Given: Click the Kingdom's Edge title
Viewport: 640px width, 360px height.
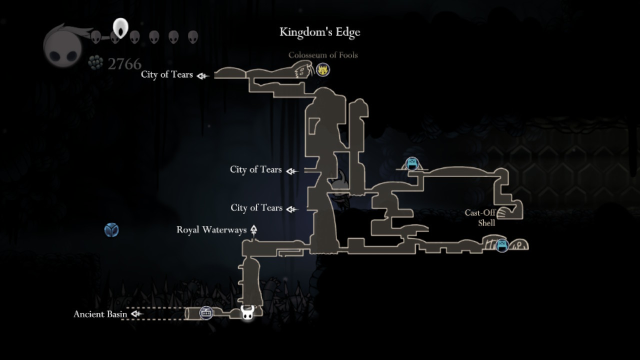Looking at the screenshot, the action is click(319, 32).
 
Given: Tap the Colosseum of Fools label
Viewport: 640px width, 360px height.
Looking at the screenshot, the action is click(323, 55).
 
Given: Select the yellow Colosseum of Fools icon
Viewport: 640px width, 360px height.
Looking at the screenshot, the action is click(323, 69).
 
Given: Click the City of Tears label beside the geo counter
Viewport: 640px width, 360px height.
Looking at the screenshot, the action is click(166, 74).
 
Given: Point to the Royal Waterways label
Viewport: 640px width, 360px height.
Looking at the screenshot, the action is click(211, 230).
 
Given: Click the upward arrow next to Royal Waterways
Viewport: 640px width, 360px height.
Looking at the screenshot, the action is click(253, 230).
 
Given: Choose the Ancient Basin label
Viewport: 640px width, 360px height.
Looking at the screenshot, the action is click(100, 314).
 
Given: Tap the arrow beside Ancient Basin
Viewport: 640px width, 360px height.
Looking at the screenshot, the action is click(136, 314).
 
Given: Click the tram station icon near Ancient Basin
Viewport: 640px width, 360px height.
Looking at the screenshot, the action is click(206, 313).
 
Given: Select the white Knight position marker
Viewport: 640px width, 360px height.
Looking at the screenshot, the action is click(247, 313).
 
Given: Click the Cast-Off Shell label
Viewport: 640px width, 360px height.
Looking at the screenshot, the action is click(480, 217).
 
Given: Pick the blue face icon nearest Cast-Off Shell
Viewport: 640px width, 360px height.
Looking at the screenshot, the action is click(502, 245).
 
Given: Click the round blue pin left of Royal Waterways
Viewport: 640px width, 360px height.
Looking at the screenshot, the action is click(111, 230).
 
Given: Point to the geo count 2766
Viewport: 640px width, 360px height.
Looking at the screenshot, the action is click(124, 63).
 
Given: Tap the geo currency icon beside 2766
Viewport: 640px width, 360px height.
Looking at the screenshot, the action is click(95, 62).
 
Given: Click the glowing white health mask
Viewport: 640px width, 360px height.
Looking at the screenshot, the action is click(120, 28).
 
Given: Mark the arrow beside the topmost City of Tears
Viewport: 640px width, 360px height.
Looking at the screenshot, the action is click(202, 75).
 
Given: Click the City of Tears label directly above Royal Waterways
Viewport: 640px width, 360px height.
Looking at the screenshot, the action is click(256, 207).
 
